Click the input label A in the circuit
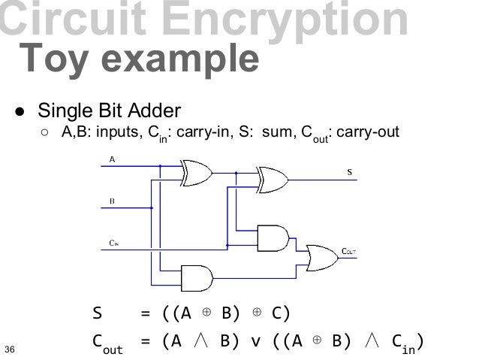pyautogui.click(x=113, y=159)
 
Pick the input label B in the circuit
pyautogui.click(x=113, y=201)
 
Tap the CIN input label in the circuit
pyautogui.click(x=113, y=243)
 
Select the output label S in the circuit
pyautogui.click(x=348, y=172)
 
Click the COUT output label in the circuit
pyautogui.click(x=348, y=251)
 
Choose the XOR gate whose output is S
pyautogui.click(x=272, y=178)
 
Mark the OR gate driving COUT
pyautogui.click(x=318, y=256)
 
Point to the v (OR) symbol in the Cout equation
pyautogui.click(x=255, y=342)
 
